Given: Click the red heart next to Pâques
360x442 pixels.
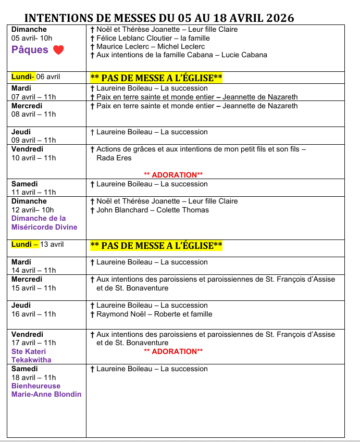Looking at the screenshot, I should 58,50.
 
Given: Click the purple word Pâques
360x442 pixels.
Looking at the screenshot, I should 30,50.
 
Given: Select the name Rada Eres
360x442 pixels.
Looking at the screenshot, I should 114,158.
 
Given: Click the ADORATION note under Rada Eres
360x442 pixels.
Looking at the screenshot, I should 173,175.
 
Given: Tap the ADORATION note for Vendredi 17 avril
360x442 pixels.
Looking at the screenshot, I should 173,351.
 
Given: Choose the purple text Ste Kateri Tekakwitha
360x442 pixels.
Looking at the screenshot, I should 31,356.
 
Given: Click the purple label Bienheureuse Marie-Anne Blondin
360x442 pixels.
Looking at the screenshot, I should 46,390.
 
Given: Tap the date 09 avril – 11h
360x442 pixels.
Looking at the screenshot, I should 33,140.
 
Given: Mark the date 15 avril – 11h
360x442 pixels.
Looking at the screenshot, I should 33,288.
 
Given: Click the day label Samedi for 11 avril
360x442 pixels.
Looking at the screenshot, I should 24,184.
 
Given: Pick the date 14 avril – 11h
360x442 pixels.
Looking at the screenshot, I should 33,270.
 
